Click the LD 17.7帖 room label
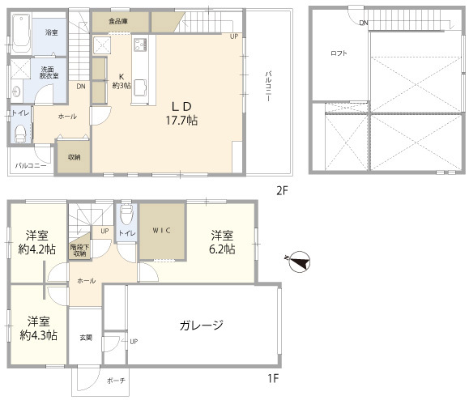(x=181, y=113)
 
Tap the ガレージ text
(x=202, y=325)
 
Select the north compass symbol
(x=300, y=262)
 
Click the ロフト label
(x=339, y=53)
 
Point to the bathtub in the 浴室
(x=22, y=34)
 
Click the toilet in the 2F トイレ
(x=20, y=134)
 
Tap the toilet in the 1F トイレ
(x=127, y=214)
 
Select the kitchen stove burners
(x=140, y=45)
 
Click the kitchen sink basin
(x=140, y=88)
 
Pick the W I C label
(x=161, y=231)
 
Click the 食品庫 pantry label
(x=118, y=21)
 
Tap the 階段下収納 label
(x=79, y=250)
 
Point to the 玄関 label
(x=86, y=338)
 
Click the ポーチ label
(x=116, y=381)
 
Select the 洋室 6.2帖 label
(x=222, y=242)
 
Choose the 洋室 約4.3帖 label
(x=39, y=328)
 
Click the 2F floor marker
(x=282, y=190)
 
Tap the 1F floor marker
(x=273, y=379)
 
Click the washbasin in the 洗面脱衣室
(x=16, y=91)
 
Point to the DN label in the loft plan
(x=364, y=23)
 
